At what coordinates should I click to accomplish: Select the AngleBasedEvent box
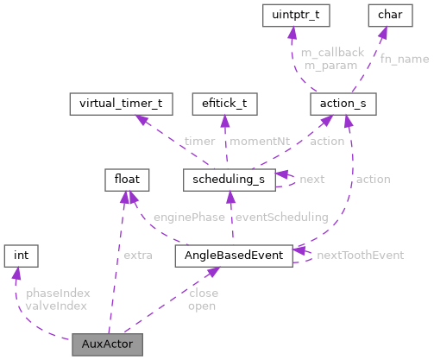(x=233, y=256)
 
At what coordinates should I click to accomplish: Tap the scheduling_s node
(x=229, y=180)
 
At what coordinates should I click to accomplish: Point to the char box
(x=385, y=15)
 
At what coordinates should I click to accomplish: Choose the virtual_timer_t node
(x=121, y=104)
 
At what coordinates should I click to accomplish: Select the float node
(x=128, y=180)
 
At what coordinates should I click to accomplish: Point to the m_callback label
(x=331, y=53)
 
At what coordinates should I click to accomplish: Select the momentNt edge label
(x=258, y=141)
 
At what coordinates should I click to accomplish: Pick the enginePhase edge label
(x=189, y=218)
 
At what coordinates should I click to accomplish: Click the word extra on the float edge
(x=138, y=256)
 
